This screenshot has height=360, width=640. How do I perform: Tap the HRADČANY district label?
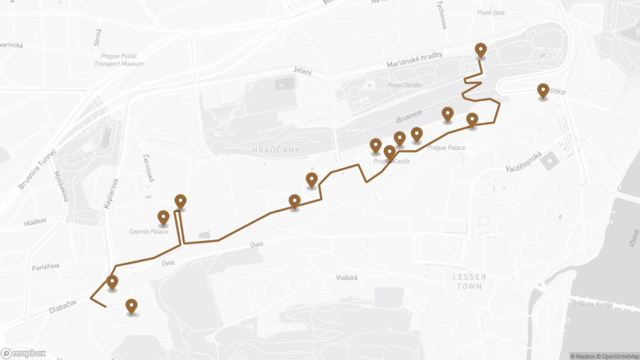point(276,150)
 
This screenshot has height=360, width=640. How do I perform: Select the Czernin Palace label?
point(149,231)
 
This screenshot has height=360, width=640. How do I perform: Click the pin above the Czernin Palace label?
point(163,218)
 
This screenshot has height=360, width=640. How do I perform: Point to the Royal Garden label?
point(405,85)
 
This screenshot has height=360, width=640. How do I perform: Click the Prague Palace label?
point(446,148)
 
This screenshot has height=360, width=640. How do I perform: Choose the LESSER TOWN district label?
point(469,282)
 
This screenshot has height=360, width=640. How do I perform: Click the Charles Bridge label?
point(594,305)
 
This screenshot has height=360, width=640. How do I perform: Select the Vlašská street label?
point(346,277)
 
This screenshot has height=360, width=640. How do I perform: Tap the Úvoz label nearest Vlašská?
point(258,245)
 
